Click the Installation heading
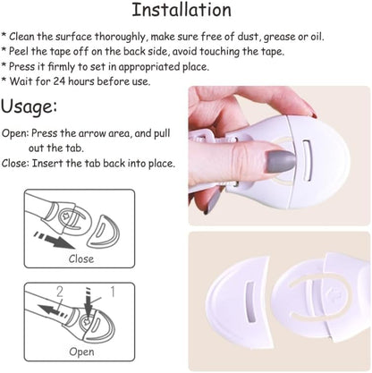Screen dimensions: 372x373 pyautogui.click(x=182, y=10)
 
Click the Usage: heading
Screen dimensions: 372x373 pyautogui.click(x=29, y=106)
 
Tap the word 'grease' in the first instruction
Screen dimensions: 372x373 pyautogui.click(x=280, y=37)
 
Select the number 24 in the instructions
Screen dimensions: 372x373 pyautogui.click(x=59, y=81)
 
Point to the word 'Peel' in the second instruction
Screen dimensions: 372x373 pyautogui.click(x=19, y=51)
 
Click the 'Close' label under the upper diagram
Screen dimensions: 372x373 pyautogui.click(x=81, y=259)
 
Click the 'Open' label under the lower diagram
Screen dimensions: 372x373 pyautogui.click(x=81, y=352)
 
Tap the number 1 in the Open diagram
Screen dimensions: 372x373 pyautogui.click(x=113, y=292)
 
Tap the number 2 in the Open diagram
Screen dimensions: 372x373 pyautogui.click(x=60, y=292)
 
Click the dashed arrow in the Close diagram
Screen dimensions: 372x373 pyautogui.click(x=54, y=241)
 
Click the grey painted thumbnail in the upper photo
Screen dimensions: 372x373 pyautogui.click(x=280, y=161)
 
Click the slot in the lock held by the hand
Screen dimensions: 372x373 pyautogui.click(x=307, y=160)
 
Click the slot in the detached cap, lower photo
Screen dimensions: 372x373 pyautogui.click(x=249, y=301)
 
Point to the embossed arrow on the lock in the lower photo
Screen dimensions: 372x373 pyautogui.click(x=332, y=293)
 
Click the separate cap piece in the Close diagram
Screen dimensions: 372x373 pyautogui.click(x=103, y=231)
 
